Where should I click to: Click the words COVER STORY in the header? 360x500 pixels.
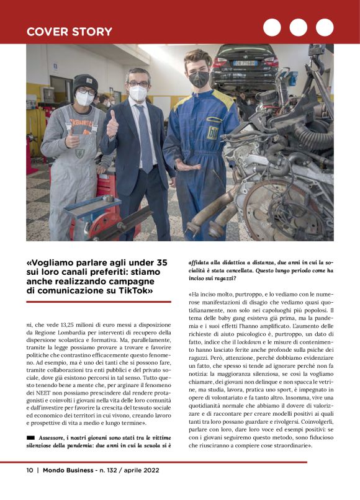69,32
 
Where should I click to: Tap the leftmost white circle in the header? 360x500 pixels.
272,27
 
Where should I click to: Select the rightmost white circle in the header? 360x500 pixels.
324,27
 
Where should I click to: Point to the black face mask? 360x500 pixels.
199,79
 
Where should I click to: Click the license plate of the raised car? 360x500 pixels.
245,63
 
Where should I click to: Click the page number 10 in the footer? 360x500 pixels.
29,487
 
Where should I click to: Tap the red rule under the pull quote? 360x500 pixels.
99,301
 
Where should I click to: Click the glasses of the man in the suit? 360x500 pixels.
138,84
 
